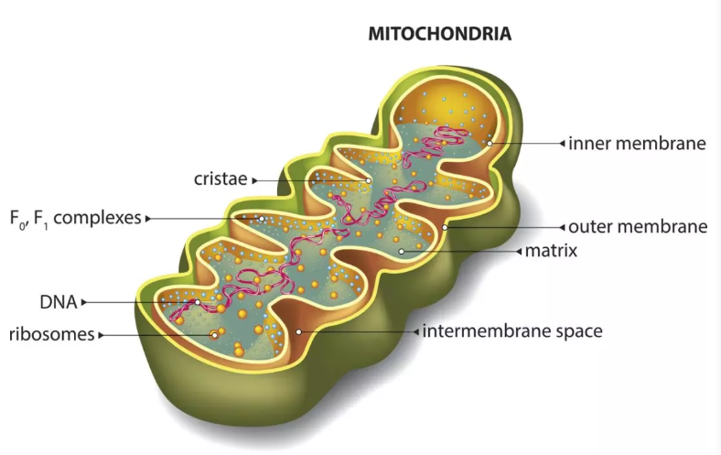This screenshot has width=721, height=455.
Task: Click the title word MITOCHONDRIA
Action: (439, 34)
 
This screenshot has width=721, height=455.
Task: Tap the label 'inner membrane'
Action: (637, 144)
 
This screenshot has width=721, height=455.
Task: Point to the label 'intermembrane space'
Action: (512, 330)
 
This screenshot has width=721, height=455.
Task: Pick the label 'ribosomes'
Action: (51, 334)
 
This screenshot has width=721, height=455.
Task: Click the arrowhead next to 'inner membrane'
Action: (562, 144)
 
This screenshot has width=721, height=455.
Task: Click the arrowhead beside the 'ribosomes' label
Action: (101, 335)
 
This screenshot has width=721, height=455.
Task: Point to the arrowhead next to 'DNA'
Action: (84, 301)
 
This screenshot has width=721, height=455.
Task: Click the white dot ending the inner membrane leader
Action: (490, 143)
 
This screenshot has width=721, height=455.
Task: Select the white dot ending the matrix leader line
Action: (401, 250)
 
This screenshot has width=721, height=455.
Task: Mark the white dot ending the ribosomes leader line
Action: (215, 335)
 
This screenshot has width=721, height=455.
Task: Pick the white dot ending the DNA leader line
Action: (197, 301)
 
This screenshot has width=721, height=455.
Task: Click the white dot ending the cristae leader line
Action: (369, 180)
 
